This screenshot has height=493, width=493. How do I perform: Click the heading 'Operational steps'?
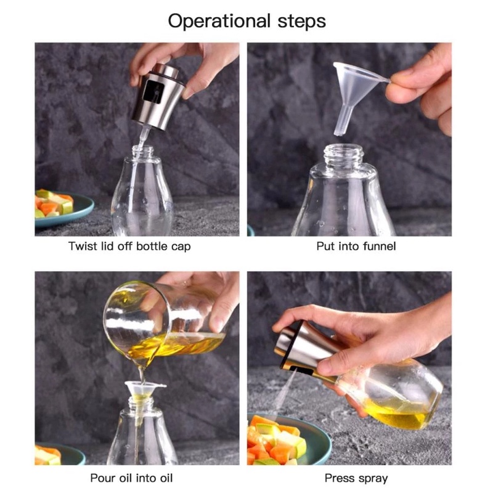tap(247, 22)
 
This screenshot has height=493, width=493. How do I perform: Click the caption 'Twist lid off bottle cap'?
tap(129, 246)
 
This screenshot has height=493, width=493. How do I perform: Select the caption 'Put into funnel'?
tap(356, 246)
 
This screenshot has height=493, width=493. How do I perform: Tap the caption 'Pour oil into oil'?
tap(131, 478)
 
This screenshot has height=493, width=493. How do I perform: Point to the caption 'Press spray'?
tap(356, 478)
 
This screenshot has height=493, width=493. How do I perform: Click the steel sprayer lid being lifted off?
tap(158, 96)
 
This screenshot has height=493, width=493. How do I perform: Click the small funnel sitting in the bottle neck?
tap(143, 393)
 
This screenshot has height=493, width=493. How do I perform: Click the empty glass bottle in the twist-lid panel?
tap(142, 192)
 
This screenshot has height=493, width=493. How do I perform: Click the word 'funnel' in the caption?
tap(380, 246)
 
